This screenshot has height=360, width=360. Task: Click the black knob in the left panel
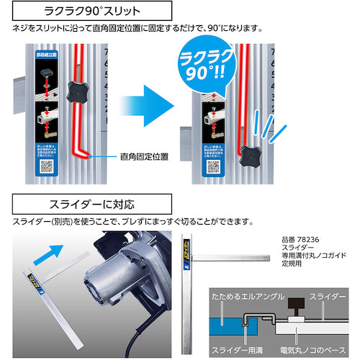[76, 90]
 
